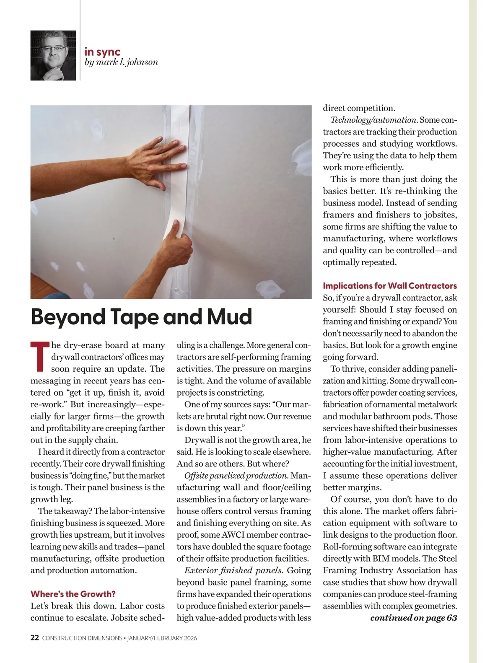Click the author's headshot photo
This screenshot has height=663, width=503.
click(53, 55)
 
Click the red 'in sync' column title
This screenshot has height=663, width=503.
click(102, 52)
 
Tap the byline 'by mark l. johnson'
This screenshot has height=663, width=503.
click(121, 62)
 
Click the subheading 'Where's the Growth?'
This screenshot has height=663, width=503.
click(73, 594)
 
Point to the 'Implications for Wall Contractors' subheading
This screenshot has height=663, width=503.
click(390, 286)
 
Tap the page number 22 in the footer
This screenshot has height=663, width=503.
click(35, 638)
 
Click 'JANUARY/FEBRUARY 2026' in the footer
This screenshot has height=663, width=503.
click(162, 638)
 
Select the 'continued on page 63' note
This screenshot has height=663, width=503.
click(414, 618)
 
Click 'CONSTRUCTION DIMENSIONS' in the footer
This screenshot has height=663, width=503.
click(82, 638)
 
